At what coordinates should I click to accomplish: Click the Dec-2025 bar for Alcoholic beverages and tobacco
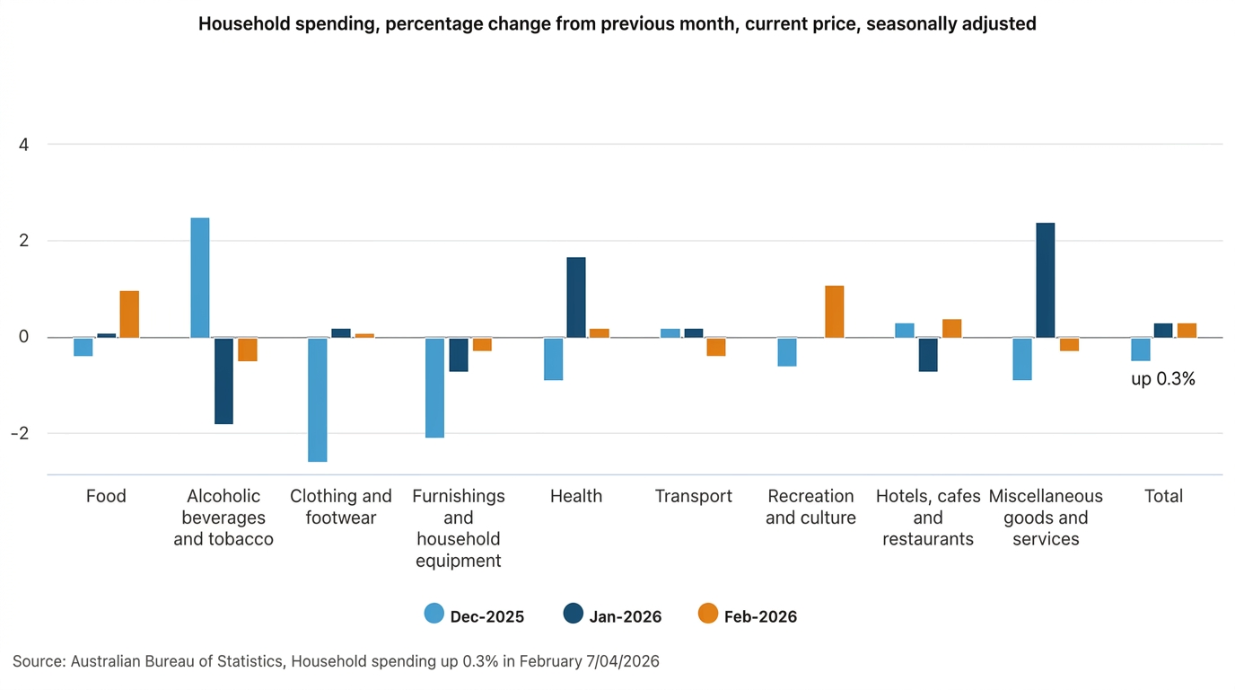(199, 278)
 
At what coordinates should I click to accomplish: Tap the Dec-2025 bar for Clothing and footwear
(317, 400)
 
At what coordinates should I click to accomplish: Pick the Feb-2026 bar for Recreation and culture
(834, 312)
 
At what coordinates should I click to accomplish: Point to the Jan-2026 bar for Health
(575, 297)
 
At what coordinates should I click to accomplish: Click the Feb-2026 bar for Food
(129, 314)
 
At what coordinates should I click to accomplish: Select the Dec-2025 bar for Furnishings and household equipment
(434, 387)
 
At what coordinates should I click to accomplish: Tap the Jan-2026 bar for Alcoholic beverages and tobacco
(223, 381)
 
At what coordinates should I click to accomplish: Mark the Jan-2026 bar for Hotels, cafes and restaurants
(928, 355)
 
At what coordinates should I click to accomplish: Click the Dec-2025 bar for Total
(1140, 349)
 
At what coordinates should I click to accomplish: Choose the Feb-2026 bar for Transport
(715, 347)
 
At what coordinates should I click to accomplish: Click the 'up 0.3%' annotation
(1162, 379)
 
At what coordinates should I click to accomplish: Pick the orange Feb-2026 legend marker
(708, 615)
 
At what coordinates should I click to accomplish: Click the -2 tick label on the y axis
(21, 433)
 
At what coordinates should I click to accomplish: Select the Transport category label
(693, 496)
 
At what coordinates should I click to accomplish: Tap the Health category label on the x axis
(575, 496)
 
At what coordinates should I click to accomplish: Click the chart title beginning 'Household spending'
(617, 24)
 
